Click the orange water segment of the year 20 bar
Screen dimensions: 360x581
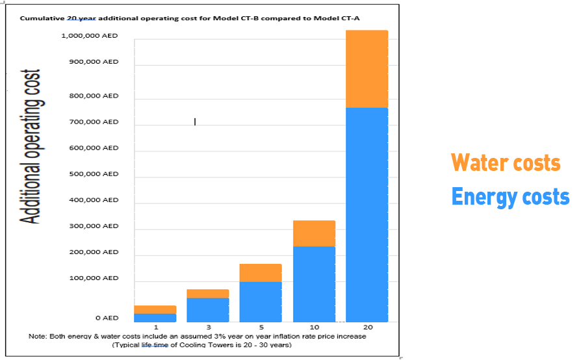(x=367, y=69)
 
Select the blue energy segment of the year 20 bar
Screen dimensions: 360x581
(x=367, y=214)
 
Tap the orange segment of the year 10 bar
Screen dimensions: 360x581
(x=314, y=233)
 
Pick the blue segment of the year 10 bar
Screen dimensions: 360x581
(x=314, y=284)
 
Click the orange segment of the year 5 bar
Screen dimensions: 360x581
(x=261, y=273)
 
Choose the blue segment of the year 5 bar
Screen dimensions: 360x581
(x=261, y=302)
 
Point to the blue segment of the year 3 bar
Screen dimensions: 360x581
(x=208, y=309)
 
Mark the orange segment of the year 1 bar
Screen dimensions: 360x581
(x=155, y=309)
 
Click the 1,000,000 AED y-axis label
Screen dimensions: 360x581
(x=90, y=36)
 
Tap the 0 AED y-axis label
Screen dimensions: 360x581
(x=107, y=318)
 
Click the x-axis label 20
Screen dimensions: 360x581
(x=368, y=326)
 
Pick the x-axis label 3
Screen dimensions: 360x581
(x=209, y=326)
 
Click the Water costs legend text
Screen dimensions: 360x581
(x=506, y=162)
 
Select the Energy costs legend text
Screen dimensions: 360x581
(x=510, y=196)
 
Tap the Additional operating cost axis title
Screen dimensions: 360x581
(x=31, y=146)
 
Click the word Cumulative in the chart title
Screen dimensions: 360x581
(x=42, y=18)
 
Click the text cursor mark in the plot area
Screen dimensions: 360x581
(x=195, y=122)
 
